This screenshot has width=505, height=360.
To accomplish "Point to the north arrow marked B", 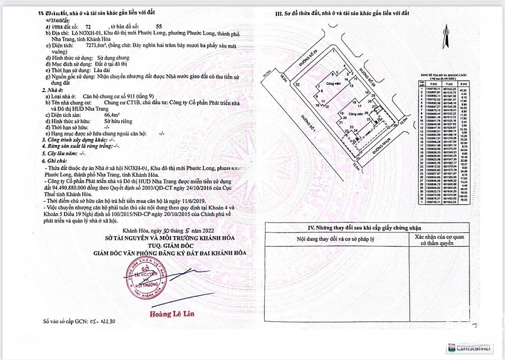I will (447, 32).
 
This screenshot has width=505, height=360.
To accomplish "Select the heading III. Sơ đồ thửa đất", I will (342, 13).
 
